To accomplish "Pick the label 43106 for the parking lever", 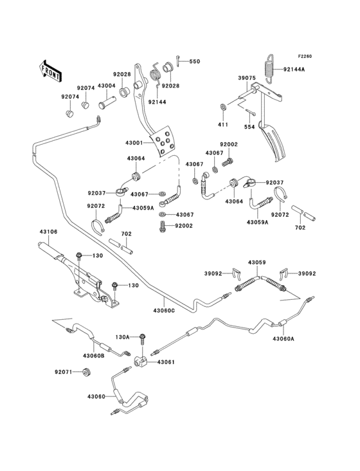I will (48, 232).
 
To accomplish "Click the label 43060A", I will (283, 338).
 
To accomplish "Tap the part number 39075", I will (247, 78).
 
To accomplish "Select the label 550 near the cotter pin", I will (194, 61).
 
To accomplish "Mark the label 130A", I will (123, 337).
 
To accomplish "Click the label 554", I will (249, 127).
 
